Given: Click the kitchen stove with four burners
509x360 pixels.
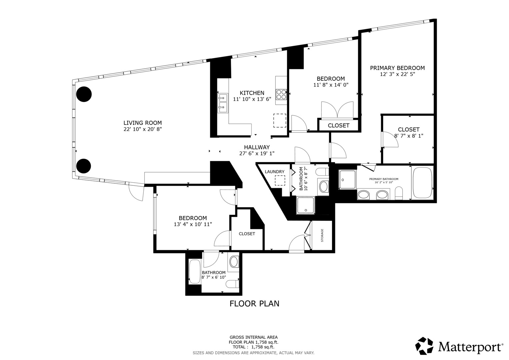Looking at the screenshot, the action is click(281, 95).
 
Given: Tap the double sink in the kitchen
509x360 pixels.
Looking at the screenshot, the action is click(222, 103).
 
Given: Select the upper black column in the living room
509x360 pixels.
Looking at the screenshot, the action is click(84, 94).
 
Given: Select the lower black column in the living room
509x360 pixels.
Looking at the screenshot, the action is click(84, 166).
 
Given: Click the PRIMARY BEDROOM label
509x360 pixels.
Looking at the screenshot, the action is click(397, 68).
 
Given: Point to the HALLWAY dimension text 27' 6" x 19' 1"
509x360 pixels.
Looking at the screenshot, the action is click(257, 153).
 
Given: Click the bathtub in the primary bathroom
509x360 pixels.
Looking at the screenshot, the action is click(422, 183).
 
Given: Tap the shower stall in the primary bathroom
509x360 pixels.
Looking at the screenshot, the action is click(347, 180).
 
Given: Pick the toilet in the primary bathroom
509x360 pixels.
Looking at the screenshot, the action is click(399, 193).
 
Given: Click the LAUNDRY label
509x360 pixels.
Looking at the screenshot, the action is click(274, 172).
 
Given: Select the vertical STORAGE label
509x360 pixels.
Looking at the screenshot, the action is click(322, 235).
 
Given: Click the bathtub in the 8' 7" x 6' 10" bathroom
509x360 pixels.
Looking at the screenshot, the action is click(195, 272).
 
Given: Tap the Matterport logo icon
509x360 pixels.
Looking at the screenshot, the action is click(424, 346).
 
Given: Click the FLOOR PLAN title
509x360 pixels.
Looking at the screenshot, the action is click(254, 304).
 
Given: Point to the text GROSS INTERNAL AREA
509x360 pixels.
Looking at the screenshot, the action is click(254, 337).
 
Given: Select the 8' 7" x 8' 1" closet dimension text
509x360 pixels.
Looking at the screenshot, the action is click(409, 136).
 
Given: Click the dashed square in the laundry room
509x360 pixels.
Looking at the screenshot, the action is click(280, 180).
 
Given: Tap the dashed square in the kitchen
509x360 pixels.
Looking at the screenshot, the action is click(280, 120).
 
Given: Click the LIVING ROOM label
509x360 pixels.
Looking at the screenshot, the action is click(142, 123).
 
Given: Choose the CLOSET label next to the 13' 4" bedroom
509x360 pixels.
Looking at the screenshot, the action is click(247, 234).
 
